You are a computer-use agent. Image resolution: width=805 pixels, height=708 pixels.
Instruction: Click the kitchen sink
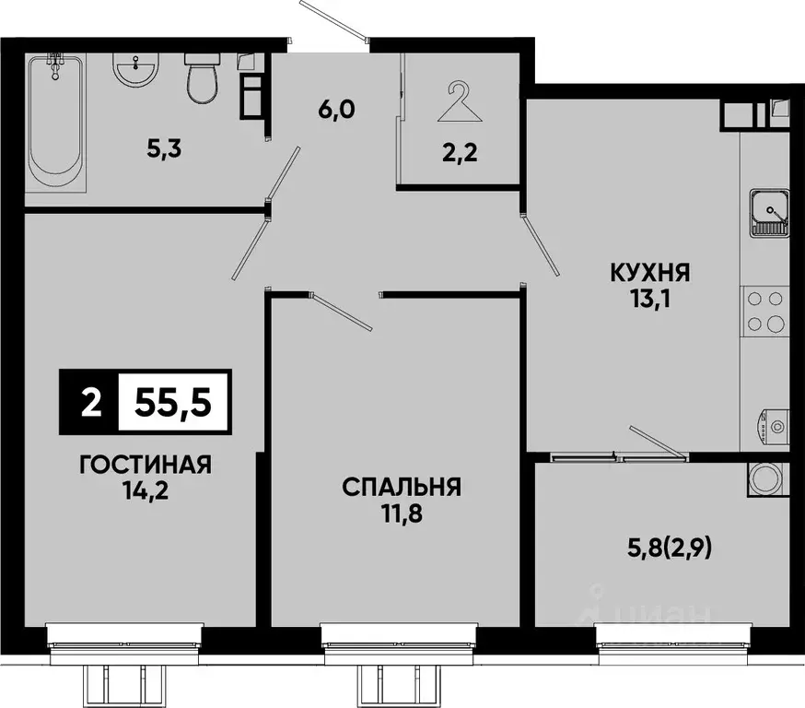pos(766,211)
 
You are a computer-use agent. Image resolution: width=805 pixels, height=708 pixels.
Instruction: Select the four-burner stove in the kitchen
pos(766,311)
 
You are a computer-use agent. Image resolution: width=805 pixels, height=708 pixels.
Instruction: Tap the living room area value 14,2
pos(146,490)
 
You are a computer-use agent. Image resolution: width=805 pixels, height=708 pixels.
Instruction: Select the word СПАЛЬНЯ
pos(402,487)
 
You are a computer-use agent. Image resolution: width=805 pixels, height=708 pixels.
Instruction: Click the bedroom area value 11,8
pos(402,513)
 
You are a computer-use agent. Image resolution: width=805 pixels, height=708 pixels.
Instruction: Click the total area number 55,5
pos(174,403)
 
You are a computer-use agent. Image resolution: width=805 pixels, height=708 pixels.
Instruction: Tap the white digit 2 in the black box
pos(89,403)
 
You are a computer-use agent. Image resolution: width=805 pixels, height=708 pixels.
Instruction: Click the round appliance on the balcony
pos(766,479)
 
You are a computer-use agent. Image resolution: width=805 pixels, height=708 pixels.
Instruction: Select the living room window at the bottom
pos(124,636)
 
